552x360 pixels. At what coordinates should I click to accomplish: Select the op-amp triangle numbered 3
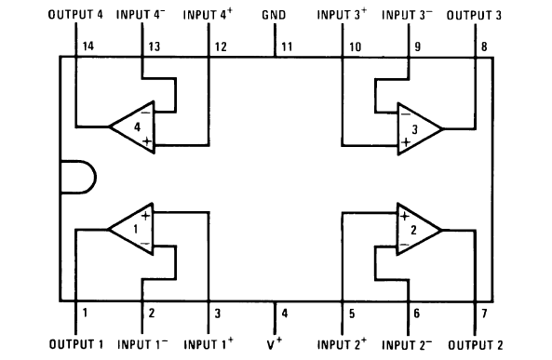pyautogui.click(x=418, y=126)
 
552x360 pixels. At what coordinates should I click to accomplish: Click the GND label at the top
pyautogui.click(x=276, y=16)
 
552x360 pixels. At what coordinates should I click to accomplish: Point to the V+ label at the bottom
pyautogui.click(x=276, y=344)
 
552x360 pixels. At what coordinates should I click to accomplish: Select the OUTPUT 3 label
pyautogui.click(x=475, y=16)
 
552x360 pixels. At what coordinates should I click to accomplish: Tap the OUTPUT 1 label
pyautogui.click(x=76, y=344)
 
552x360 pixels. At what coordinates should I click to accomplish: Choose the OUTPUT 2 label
pyautogui.click(x=477, y=344)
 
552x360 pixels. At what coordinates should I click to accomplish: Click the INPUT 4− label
pyautogui.click(x=141, y=16)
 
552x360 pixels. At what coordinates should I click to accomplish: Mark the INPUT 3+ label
pyautogui.click(x=343, y=16)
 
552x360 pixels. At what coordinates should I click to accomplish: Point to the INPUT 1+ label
pyautogui.click(x=209, y=344)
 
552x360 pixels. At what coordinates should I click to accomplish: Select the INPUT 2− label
pyautogui.click(x=410, y=344)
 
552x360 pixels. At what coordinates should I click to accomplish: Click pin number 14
pyautogui.click(x=88, y=46)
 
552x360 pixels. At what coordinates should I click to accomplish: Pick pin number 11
pyautogui.click(x=287, y=46)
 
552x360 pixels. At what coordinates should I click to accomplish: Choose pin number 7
pyautogui.click(x=484, y=313)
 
